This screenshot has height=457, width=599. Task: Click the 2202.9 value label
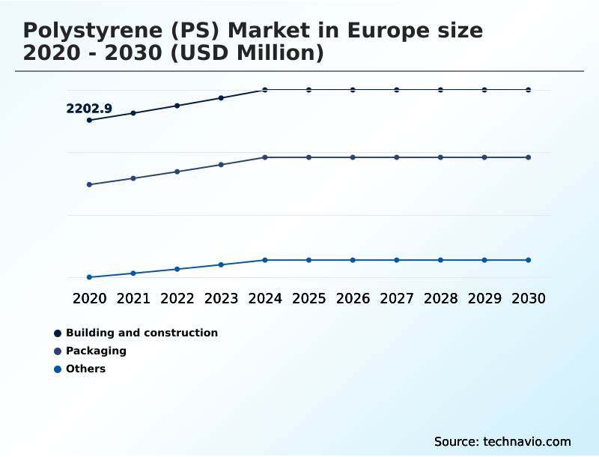(89, 109)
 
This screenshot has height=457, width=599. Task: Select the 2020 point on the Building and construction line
(90, 120)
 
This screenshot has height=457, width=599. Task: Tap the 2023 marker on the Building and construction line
(221, 98)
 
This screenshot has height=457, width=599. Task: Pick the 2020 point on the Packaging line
(90, 184)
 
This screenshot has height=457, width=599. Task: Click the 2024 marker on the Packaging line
(265, 157)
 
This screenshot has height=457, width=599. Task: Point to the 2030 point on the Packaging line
(528, 157)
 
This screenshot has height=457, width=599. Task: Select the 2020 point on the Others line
(90, 277)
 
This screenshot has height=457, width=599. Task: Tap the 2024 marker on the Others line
(265, 260)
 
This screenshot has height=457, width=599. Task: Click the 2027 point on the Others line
(397, 260)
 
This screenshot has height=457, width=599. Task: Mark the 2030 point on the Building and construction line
(528, 90)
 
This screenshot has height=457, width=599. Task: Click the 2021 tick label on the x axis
(133, 298)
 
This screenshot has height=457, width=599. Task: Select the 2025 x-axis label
(308, 298)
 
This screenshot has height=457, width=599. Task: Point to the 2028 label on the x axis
(440, 298)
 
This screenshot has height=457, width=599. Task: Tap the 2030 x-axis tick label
(528, 298)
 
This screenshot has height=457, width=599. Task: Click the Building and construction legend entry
(142, 333)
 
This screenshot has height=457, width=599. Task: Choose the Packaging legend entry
(96, 351)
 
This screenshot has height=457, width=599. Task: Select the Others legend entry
(85, 369)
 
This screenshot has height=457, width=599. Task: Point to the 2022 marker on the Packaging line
(177, 172)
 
